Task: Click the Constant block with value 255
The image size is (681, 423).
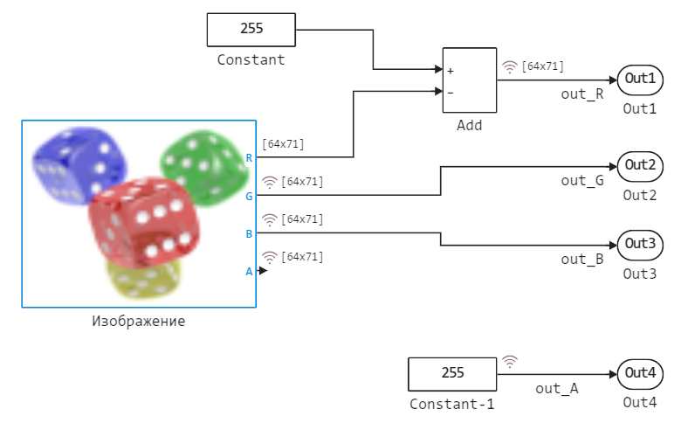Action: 251,29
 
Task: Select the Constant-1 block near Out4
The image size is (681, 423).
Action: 452,373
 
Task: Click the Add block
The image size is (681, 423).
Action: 469,80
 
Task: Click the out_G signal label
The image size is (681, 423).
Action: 582,180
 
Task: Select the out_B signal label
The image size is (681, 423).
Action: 582,259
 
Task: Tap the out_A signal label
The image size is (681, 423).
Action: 557,389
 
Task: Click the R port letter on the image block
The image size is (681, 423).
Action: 249,158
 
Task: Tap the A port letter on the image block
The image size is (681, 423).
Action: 249,271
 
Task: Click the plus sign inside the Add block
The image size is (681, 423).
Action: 451,71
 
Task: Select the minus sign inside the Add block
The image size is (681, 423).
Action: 451,91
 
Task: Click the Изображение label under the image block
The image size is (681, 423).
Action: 139,321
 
